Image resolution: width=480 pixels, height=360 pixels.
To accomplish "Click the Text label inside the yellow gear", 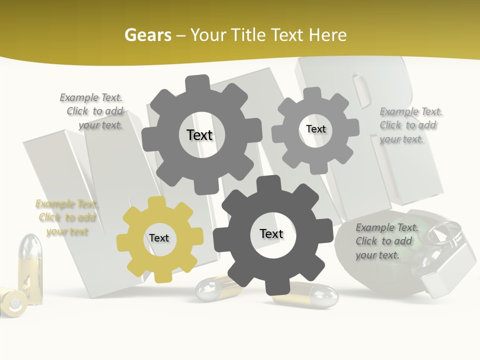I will coord(159,238).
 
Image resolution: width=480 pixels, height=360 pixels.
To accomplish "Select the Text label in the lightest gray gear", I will coord(315,129).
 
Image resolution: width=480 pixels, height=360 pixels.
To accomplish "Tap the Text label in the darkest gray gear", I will coord(271,234).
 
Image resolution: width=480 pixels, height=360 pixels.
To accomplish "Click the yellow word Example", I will coord(52,204).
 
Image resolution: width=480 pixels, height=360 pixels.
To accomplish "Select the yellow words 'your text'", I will coord(67,231).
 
